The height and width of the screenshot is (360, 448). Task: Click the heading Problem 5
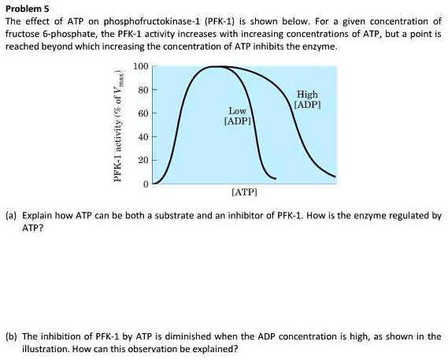28,9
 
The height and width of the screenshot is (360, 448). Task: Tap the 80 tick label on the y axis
143,90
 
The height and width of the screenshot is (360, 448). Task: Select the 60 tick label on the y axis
143,113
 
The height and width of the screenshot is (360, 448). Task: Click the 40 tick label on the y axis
143,137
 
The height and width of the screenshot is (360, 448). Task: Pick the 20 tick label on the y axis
143,161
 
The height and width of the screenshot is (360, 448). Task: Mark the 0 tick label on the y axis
146,184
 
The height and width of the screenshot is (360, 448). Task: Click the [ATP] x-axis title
245,192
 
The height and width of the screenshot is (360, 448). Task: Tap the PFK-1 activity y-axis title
119,125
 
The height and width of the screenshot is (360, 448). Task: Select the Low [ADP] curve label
238,116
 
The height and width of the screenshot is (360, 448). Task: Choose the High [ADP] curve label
307,99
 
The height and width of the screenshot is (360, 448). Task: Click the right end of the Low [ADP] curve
276,179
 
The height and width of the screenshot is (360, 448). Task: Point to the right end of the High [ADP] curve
335,176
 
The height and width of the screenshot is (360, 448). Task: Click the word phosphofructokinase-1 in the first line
152,21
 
